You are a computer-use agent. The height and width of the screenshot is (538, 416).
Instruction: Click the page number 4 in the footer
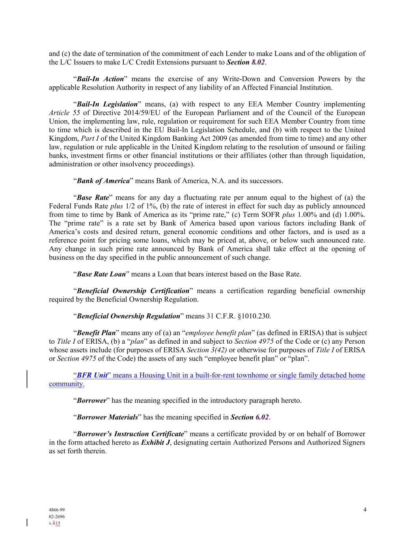click(365, 510)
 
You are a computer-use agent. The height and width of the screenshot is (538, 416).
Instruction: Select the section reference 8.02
click(258, 62)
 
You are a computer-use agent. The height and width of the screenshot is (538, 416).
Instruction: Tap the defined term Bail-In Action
click(100, 79)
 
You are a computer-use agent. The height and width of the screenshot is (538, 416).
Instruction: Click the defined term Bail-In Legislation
click(107, 104)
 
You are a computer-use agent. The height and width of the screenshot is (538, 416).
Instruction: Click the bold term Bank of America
click(103, 181)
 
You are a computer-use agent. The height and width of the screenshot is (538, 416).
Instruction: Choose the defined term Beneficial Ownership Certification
click(133, 291)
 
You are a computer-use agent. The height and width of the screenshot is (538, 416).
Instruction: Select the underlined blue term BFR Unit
click(92, 375)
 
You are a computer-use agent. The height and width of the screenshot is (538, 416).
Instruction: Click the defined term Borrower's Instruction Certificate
click(130, 434)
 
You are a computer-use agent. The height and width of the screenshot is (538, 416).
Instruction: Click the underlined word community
click(67, 383)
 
